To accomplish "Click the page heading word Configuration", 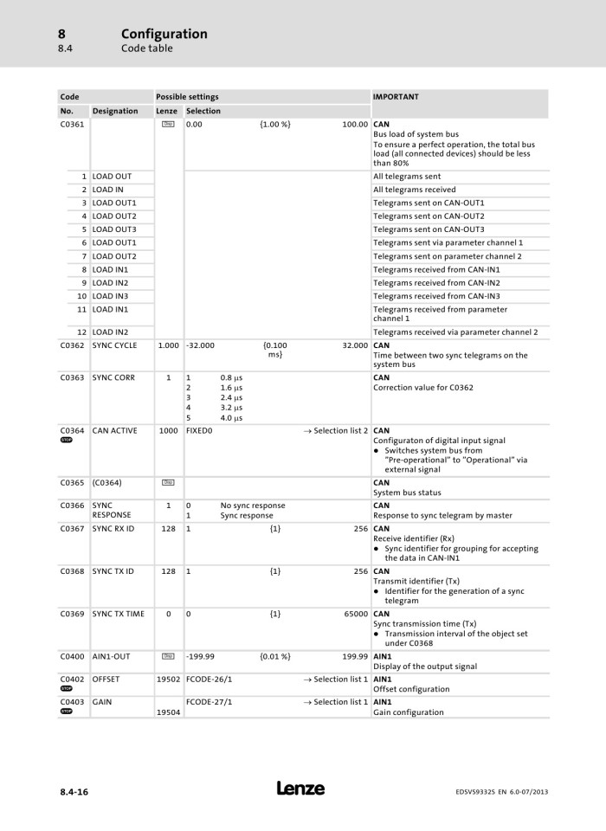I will (x=164, y=34).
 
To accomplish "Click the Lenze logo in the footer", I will (x=301, y=789).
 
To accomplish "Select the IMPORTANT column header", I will (x=396, y=97).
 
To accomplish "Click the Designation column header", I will (x=115, y=111).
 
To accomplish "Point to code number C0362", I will (x=73, y=345).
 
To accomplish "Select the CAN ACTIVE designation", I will (x=115, y=430).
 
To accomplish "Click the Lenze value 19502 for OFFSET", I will (x=168, y=680).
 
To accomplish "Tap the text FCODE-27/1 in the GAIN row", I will (x=209, y=701).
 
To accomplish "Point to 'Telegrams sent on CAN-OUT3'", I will (x=429, y=229).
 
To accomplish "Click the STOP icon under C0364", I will (x=67, y=440).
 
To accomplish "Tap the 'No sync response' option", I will (x=253, y=506).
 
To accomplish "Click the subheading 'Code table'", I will (x=146, y=48).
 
